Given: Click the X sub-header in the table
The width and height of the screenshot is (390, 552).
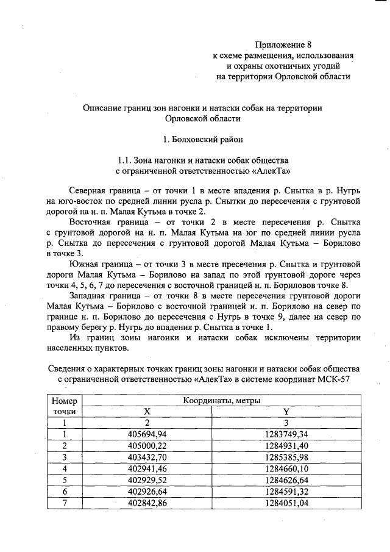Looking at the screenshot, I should [147, 412].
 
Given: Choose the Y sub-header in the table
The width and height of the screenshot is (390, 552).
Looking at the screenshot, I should [286, 412].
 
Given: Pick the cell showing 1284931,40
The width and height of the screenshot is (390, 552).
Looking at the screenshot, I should [286, 445].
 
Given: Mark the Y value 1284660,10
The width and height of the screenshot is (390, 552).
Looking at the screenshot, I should [286, 468].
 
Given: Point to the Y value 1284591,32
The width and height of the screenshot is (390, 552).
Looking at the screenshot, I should [286, 492].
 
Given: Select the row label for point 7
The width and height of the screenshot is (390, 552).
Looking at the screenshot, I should [64, 503].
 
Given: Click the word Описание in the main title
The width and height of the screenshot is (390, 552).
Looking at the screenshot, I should [106, 107].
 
